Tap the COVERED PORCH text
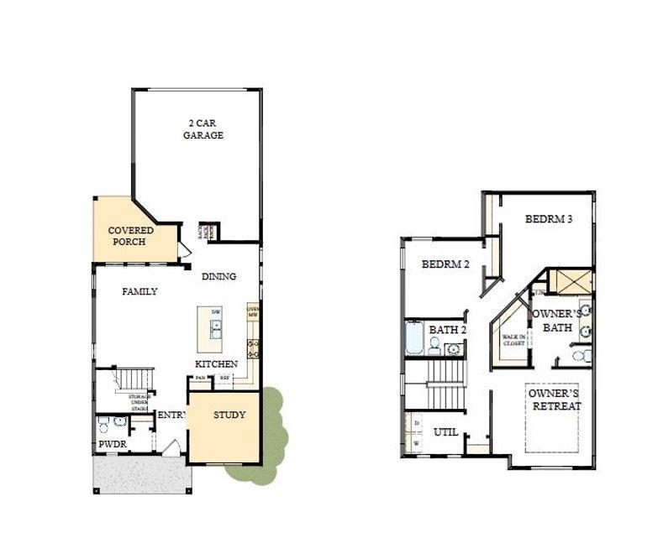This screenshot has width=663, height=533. click(131, 236)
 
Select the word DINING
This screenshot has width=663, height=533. click(218, 276)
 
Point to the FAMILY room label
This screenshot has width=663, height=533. click(139, 291)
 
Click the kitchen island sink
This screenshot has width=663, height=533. click(216, 329)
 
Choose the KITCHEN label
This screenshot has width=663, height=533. click(216, 364)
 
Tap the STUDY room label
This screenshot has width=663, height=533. click(229, 415)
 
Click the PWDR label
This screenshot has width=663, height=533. click(112, 444)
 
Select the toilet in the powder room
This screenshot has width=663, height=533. click(103, 424)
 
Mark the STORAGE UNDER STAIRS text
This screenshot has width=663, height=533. click(134, 403)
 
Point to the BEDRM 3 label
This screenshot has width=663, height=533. click(549, 219)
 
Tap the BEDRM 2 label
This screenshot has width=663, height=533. click(445, 264)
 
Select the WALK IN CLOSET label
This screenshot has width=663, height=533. click(513, 340)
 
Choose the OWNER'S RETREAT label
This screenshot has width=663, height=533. click(555, 400)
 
